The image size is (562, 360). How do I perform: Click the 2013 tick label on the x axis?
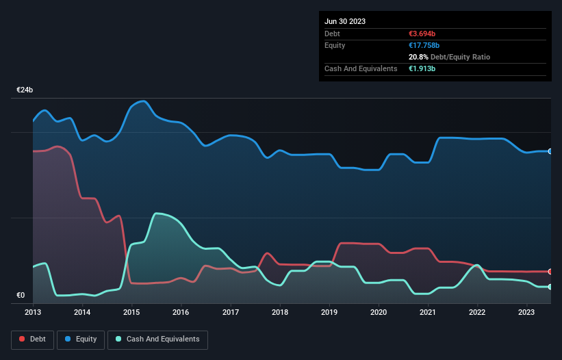(x=33, y=312)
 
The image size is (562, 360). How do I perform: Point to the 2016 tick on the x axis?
(x=181, y=312)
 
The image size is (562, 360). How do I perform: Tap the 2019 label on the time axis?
(x=329, y=312)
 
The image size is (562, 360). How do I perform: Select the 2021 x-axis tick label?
(x=428, y=312)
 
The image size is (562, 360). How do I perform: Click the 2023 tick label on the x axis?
(x=526, y=312)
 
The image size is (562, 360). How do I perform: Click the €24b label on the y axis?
(x=25, y=90)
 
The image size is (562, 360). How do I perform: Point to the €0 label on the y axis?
(x=21, y=296)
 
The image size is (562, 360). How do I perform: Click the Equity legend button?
(x=81, y=339)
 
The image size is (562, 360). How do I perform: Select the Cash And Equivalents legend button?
(x=157, y=339)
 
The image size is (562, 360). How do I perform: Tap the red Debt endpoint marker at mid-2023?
(x=550, y=272)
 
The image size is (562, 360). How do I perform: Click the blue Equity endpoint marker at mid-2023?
(x=550, y=151)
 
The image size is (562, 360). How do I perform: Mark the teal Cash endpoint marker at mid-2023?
(x=550, y=287)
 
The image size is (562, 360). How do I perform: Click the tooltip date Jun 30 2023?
(x=345, y=21)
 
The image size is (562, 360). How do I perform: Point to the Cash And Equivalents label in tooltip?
(x=361, y=68)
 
